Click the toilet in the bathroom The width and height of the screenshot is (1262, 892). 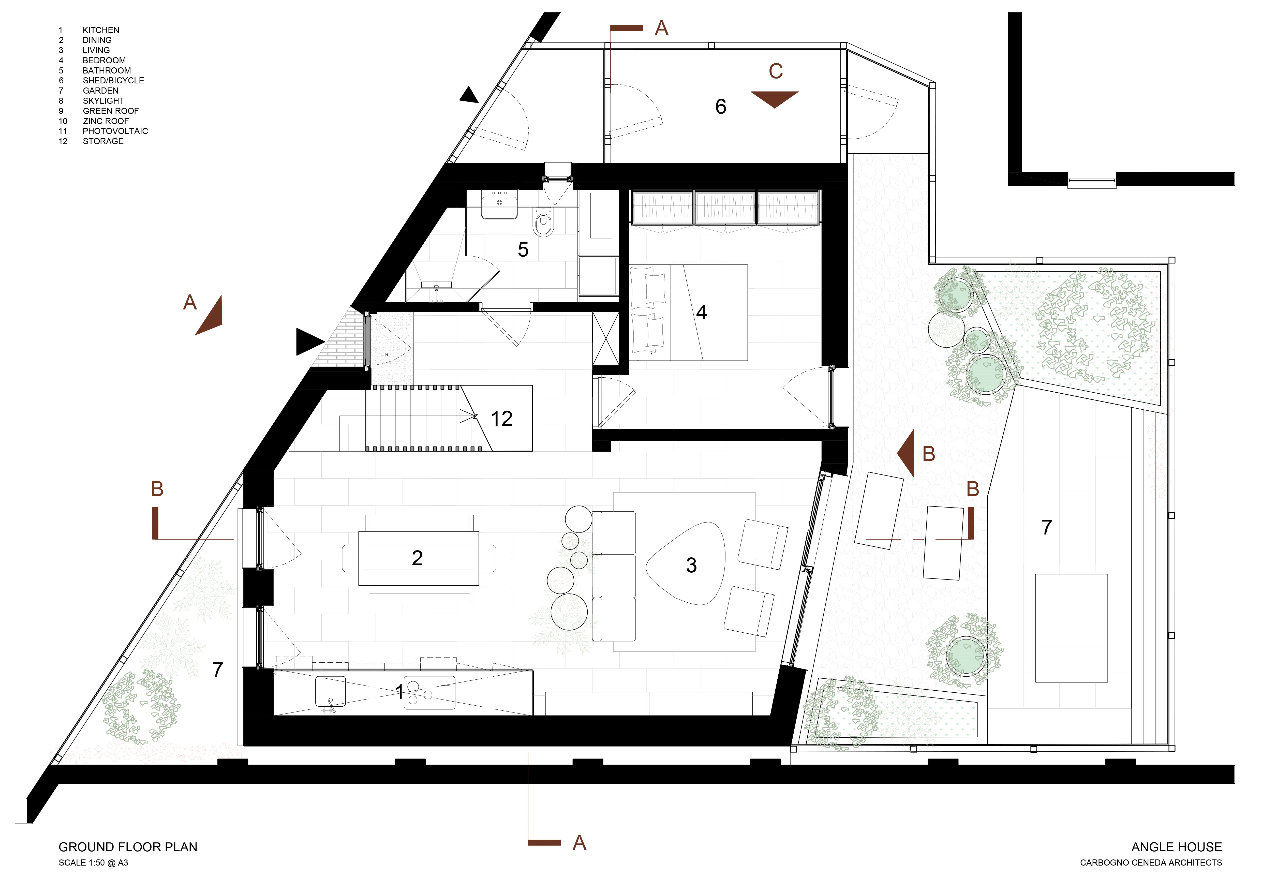544,222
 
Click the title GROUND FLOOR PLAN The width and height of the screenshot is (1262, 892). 128,847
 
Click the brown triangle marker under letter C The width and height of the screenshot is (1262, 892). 775,98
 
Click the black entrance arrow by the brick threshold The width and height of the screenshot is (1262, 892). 308,342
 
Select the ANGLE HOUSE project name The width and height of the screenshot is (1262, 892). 1176,847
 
